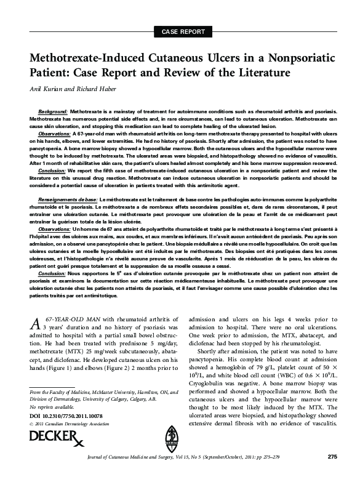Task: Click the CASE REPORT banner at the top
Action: coord(180,31)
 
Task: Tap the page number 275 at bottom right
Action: coord(332,473)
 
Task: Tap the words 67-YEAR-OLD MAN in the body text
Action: coord(74,318)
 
